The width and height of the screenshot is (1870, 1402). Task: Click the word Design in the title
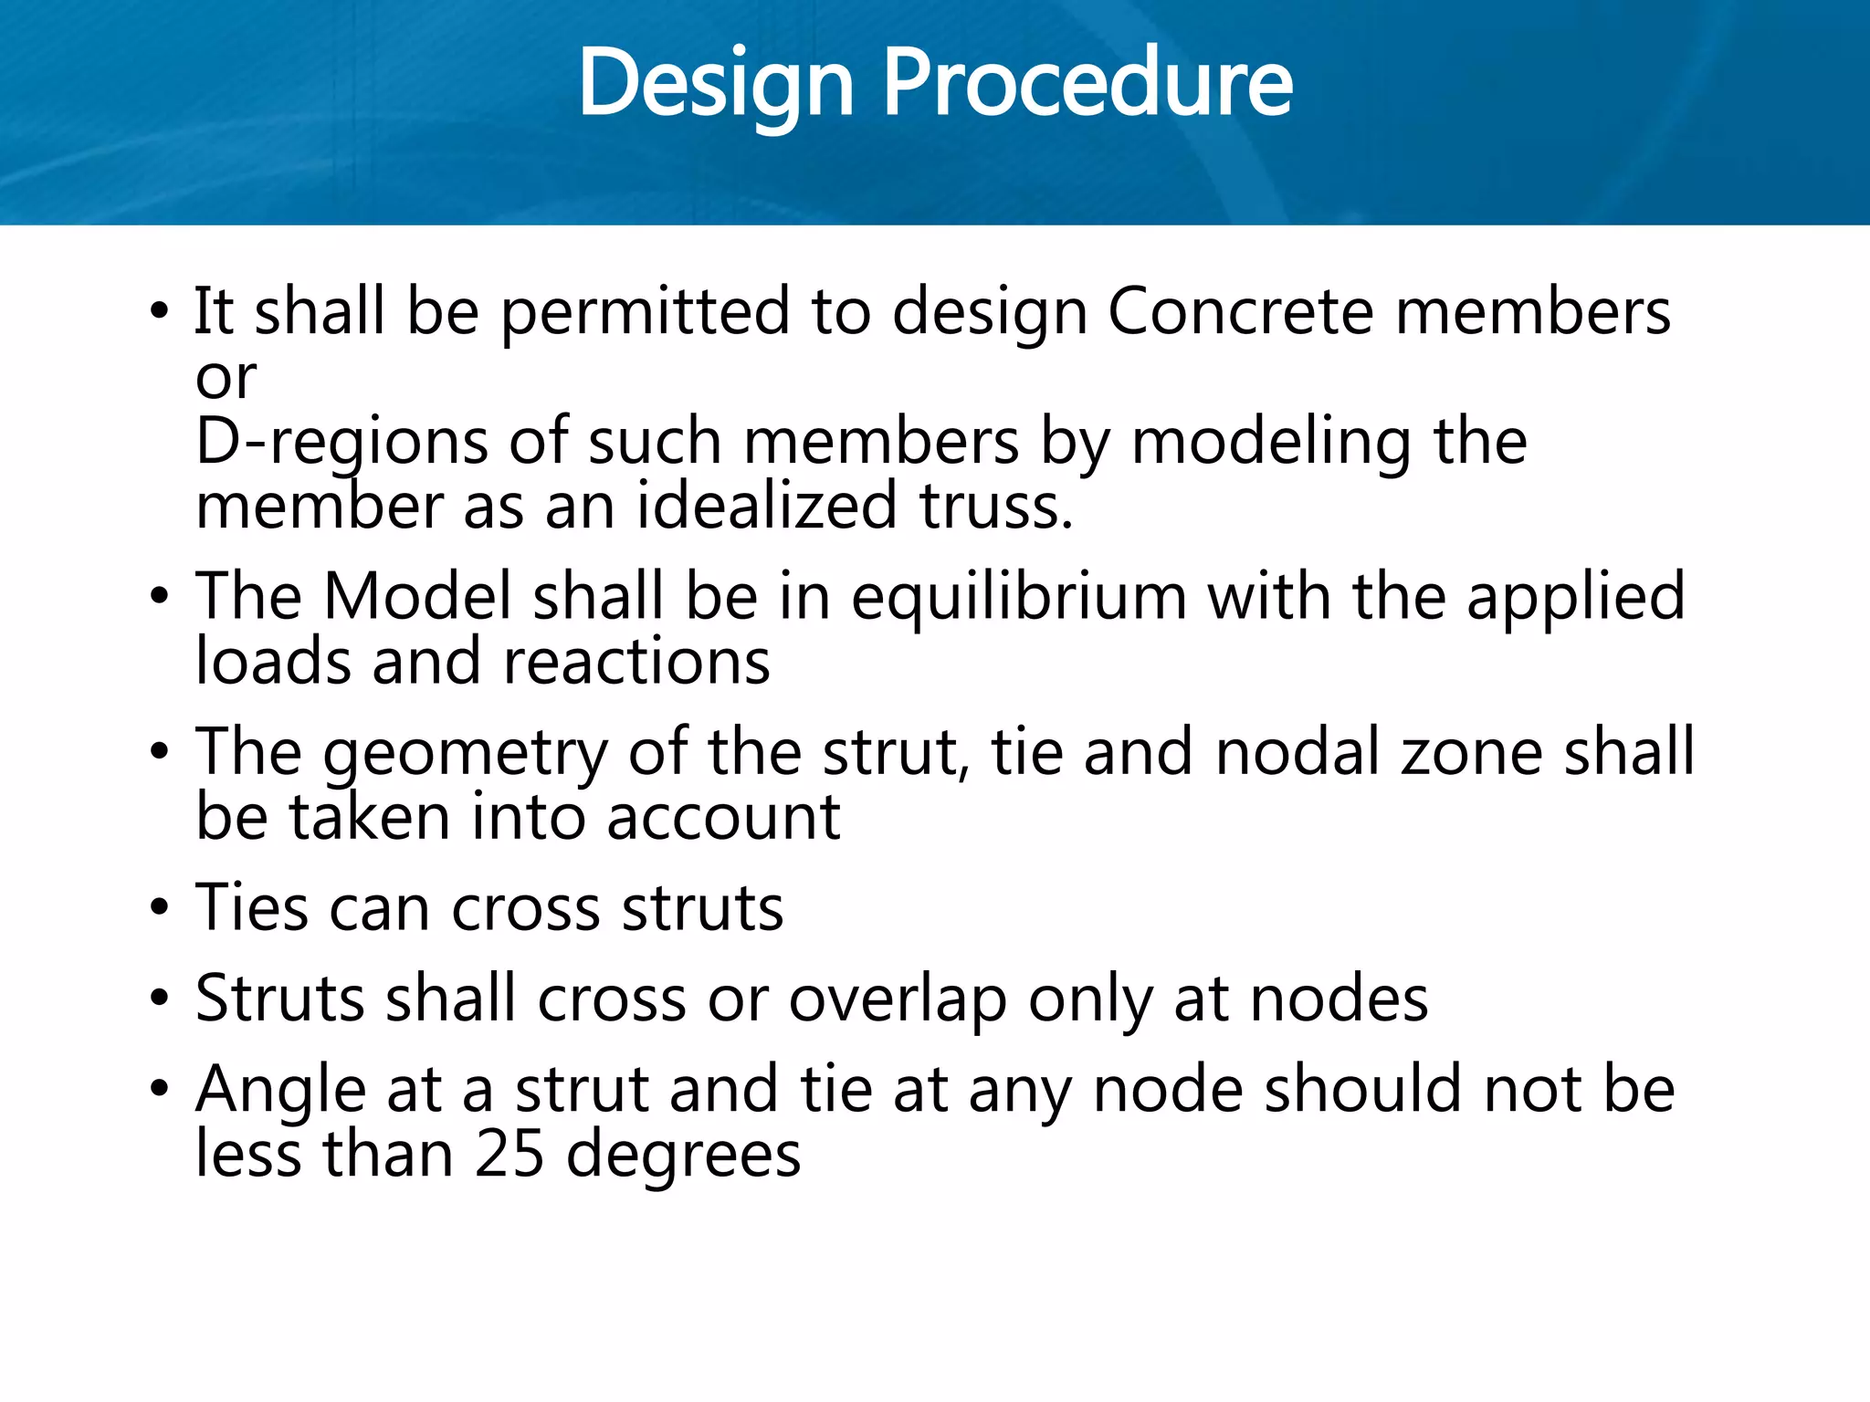(x=715, y=84)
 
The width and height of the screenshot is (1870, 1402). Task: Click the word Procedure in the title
(x=1087, y=84)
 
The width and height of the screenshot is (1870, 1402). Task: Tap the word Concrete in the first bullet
(x=1240, y=311)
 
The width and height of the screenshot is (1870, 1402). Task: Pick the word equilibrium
(x=1018, y=597)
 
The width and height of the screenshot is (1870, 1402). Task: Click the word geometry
(x=465, y=754)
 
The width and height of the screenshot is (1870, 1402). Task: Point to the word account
(x=723, y=817)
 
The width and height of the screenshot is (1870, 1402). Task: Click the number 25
(x=510, y=1154)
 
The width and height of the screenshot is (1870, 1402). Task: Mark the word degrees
(x=683, y=1156)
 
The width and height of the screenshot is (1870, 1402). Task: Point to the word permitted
(x=646, y=311)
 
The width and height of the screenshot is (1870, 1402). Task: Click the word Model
(x=416, y=597)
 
